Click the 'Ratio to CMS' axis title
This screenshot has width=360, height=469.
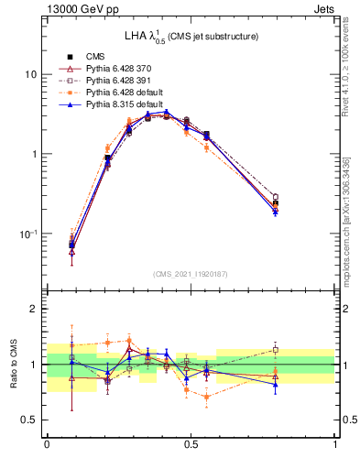[12, 364]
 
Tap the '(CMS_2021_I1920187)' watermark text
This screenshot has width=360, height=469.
[191, 274]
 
